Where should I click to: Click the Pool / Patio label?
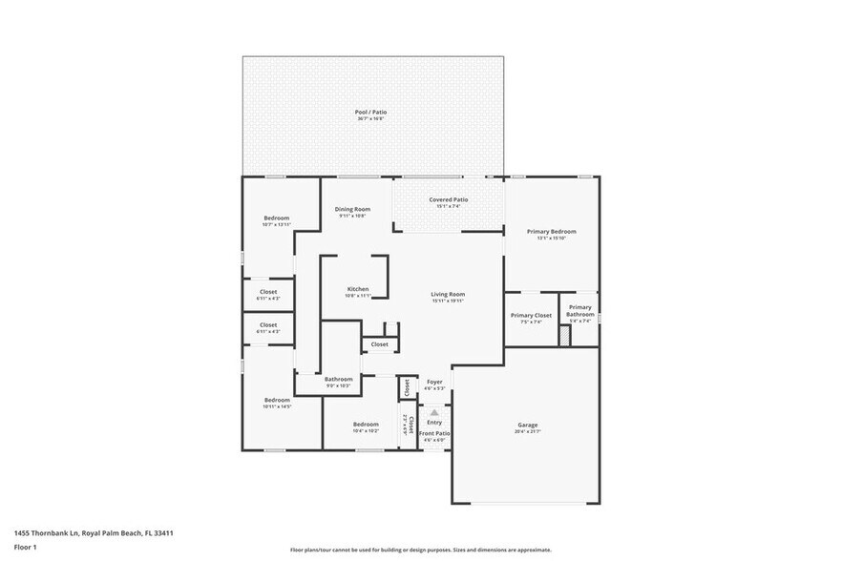(371, 112)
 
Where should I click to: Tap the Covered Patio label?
(448, 199)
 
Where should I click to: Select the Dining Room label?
(352, 209)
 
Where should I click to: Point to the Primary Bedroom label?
(552, 231)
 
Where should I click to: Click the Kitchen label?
(358, 289)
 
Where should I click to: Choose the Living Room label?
(448, 294)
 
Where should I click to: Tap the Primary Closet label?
(531, 315)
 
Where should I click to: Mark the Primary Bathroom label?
(580, 310)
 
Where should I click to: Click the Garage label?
(528, 425)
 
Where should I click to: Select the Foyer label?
(434, 382)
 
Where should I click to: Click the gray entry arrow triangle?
(434, 412)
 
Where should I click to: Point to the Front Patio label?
(434, 433)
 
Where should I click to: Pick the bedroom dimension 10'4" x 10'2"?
(366, 431)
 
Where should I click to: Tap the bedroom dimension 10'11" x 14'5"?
(277, 406)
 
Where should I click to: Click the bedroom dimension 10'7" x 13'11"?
(276, 224)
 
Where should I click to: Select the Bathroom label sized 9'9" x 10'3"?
(338, 385)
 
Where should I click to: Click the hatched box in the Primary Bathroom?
(564, 335)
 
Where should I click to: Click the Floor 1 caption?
(25, 547)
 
